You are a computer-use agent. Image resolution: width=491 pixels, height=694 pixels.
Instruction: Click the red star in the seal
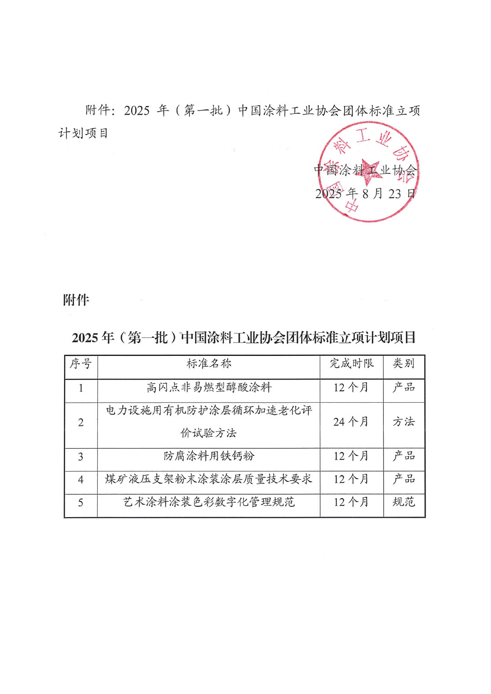pyautogui.click(x=369, y=172)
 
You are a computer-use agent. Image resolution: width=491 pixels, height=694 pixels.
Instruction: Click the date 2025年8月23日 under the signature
pyautogui.click(x=365, y=194)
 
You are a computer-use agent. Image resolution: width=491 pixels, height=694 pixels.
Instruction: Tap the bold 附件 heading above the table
pyautogui.click(x=76, y=300)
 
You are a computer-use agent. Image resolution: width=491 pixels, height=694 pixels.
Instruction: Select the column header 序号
pyautogui.click(x=81, y=364)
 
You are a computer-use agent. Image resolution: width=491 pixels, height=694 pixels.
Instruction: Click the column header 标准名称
pyautogui.click(x=209, y=364)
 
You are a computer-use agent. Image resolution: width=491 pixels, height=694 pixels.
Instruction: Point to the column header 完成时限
pyautogui.click(x=351, y=364)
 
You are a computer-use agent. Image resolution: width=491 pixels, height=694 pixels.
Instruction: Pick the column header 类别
pyautogui.click(x=404, y=364)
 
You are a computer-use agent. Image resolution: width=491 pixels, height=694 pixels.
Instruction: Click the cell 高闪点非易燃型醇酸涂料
pyautogui.click(x=209, y=388)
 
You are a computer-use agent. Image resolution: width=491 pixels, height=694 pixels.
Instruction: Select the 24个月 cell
pyautogui.click(x=351, y=422)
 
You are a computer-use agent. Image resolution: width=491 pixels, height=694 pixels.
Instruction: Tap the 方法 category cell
pyautogui.click(x=404, y=422)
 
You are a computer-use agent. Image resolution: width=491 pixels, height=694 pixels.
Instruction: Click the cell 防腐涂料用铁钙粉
pyautogui.click(x=209, y=456)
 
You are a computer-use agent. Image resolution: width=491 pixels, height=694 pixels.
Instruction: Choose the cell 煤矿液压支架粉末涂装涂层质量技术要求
pyautogui.click(x=209, y=479)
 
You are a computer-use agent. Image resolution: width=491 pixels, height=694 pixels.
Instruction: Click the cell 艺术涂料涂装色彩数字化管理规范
pyautogui.click(x=209, y=502)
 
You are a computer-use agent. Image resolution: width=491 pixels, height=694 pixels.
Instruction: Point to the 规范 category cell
pyautogui.click(x=404, y=502)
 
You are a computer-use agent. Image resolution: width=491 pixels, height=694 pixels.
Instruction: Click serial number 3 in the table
pyautogui.click(x=81, y=457)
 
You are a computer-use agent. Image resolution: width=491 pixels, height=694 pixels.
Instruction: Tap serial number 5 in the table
pyautogui.click(x=81, y=503)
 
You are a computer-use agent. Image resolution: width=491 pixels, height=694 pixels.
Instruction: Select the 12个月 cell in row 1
pyautogui.click(x=351, y=388)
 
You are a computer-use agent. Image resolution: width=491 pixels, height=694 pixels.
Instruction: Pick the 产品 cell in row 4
pyautogui.click(x=404, y=479)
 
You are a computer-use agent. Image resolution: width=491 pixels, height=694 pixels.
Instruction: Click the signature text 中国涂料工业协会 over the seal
pyautogui.click(x=365, y=170)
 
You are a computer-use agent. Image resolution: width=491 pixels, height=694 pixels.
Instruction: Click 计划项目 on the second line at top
pyautogui.click(x=83, y=133)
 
